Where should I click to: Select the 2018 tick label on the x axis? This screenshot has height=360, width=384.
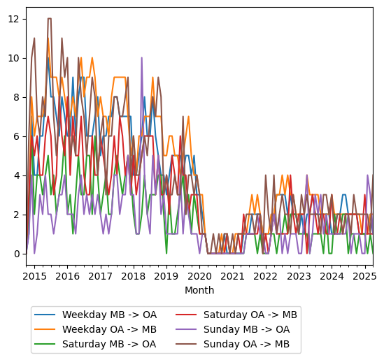point(133,276)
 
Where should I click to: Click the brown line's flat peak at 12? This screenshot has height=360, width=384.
point(49,19)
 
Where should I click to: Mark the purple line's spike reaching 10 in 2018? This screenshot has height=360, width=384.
point(142,58)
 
